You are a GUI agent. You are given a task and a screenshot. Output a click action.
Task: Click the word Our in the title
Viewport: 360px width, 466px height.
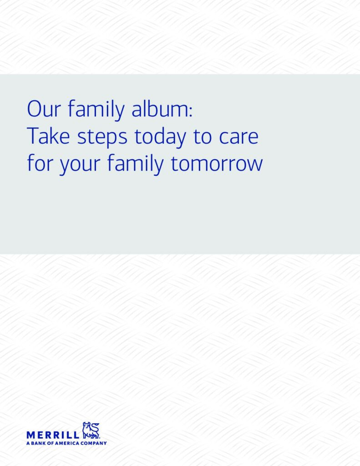(44, 109)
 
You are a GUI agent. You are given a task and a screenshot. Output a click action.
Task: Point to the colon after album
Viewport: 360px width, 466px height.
(191, 111)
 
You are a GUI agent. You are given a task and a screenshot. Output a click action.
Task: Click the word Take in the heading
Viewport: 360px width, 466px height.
(48, 136)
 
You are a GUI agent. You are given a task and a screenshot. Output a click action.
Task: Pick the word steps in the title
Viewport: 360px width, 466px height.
(102, 138)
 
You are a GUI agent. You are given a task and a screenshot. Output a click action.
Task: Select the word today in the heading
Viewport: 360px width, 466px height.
(161, 137)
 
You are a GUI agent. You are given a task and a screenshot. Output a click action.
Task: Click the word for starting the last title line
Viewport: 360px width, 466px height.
(40, 163)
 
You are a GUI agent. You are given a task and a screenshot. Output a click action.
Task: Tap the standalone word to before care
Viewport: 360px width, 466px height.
(203, 137)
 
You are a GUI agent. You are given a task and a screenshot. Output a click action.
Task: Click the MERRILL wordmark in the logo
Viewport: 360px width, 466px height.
(53, 435)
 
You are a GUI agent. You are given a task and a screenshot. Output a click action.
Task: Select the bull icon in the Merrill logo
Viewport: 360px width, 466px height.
(91, 430)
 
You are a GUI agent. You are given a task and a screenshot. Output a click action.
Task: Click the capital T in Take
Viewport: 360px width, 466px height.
(33, 136)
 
